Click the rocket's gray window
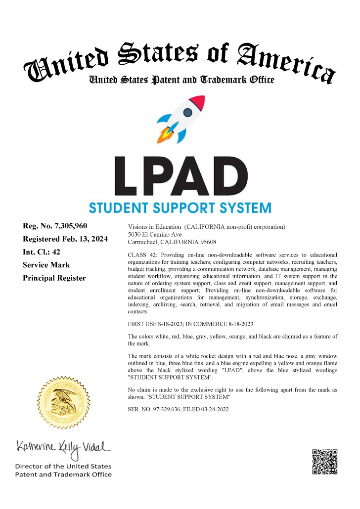click(188, 113)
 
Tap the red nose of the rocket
click(198, 102)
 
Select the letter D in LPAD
click(228, 176)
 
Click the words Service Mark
click(46, 265)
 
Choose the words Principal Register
click(54, 278)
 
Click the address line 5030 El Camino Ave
click(155, 234)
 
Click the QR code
click(325, 462)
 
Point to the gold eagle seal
click(63, 398)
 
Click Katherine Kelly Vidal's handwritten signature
click(63, 448)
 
